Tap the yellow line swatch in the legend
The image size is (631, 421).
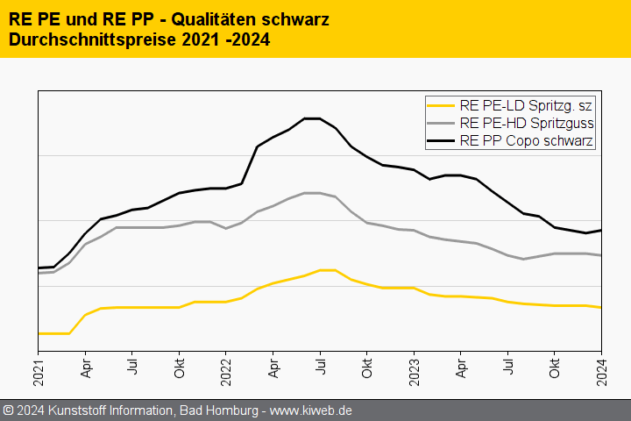click(441, 106)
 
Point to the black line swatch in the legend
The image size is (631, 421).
click(441, 139)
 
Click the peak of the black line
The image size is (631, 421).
click(312, 118)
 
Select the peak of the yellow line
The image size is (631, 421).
click(327, 270)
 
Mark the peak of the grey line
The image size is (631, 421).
click(312, 193)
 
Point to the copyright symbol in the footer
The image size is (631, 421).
click(9, 410)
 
